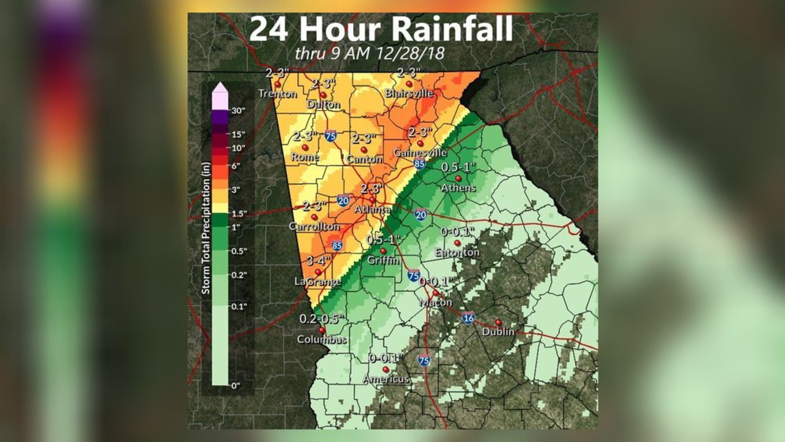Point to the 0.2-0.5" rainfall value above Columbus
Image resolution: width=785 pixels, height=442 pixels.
pyautogui.click(x=322, y=319)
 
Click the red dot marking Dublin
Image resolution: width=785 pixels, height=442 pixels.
pyautogui.click(x=498, y=322)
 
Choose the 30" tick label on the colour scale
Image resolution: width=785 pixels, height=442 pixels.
pyautogui.click(x=238, y=110)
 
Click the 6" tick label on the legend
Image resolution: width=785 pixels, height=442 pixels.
pyautogui.click(x=236, y=166)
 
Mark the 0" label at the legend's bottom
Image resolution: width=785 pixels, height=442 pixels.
pyautogui.click(x=235, y=386)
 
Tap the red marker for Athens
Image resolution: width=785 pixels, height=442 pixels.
pyautogui.click(x=458, y=178)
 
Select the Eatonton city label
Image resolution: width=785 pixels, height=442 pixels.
pyautogui.click(x=457, y=252)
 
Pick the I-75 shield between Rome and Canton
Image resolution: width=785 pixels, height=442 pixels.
pyautogui.click(x=330, y=136)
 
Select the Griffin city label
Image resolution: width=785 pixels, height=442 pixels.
pyautogui.click(x=383, y=260)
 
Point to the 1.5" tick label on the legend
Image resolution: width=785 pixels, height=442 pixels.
pyautogui.click(x=239, y=213)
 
